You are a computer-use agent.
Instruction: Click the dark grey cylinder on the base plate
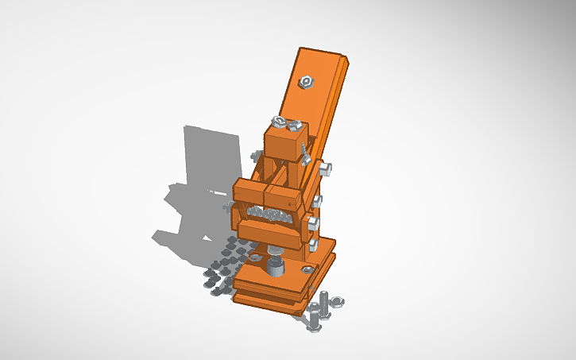[x=274, y=263]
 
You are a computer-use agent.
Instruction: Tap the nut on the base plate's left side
[x=255, y=257]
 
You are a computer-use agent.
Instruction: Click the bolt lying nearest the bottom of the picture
[x=315, y=322]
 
